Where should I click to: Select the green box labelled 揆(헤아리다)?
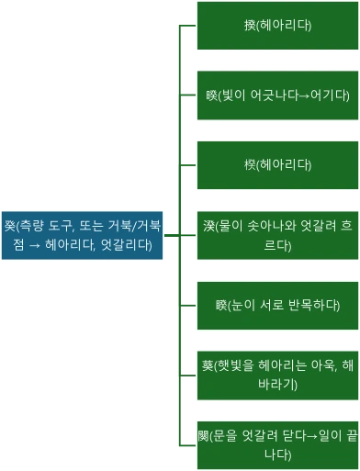pyautogui.click(x=277, y=26)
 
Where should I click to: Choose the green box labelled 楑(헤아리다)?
pyautogui.click(x=277, y=165)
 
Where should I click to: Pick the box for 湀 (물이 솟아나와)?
pyautogui.click(x=277, y=235)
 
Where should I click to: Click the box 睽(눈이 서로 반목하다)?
pyautogui.click(x=277, y=305)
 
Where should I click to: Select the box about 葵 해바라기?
pyautogui.click(x=277, y=375)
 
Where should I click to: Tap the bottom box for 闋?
pyautogui.click(x=277, y=444)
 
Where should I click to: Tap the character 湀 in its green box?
pyautogui.click(x=209, y=227)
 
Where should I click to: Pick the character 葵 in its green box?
pyautogui.click(x=208, y=366)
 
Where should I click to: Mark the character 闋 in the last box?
pyautogui.click(x=204, y=436)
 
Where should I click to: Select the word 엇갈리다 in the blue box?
pyautogui.click(x=132, y=243)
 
